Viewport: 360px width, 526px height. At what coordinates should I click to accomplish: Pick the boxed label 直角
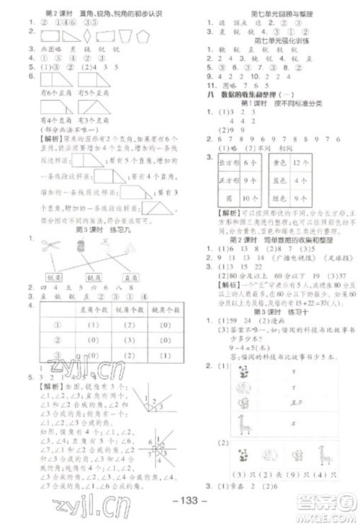(x=130, y=277)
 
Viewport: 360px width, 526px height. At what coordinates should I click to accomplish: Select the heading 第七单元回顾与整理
(x=270, y=14)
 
